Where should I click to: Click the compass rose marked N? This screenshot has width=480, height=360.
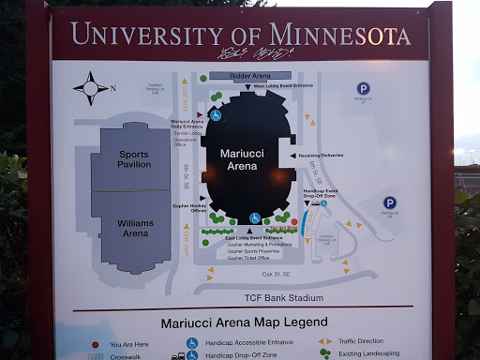tap(91, 88)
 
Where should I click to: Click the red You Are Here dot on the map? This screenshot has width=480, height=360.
tap(293, 222)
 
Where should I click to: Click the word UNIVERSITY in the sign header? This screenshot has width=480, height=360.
tap(145, 36)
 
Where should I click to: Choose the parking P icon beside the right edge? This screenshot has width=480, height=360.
tap(390, 202)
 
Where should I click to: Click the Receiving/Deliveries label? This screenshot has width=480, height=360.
tap(322, 156)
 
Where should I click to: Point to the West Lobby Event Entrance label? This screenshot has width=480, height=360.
tap(283, 86)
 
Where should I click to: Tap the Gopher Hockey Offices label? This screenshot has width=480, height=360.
tap(189, 206)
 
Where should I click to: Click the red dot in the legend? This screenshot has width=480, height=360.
tap(94, 344)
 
